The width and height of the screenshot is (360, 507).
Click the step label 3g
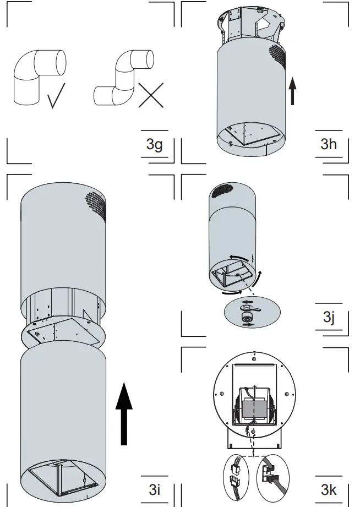154,145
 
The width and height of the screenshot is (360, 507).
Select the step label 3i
154,489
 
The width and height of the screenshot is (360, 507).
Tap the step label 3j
329,318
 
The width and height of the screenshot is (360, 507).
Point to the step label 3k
329,489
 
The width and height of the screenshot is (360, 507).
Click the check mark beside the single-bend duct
56,95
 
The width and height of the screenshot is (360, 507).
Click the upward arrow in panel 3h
293,91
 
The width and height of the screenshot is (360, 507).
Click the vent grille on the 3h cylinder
278,56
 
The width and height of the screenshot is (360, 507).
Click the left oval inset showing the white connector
238,473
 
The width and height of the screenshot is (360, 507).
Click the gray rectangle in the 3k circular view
254,408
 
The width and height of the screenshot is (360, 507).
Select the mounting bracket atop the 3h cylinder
252,25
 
